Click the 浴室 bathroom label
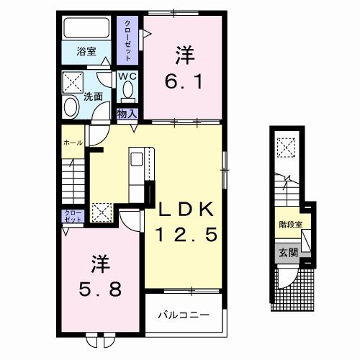coord(86,52)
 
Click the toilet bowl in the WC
coord(128,91)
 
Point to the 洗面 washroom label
coord(91,95)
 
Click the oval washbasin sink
coord(71,107)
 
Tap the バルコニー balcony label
coord(184,315)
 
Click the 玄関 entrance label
coord(288,252)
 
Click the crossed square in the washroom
coord(73,81)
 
